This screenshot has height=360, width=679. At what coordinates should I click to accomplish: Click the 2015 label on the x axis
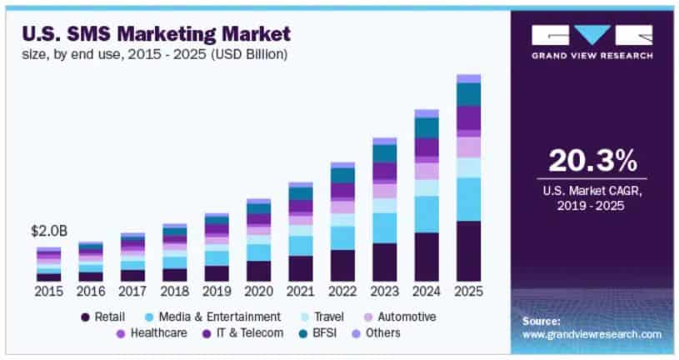(48, 292)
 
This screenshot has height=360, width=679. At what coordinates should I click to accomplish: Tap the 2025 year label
(469, 292)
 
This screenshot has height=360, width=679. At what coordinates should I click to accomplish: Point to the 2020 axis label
(258, 292)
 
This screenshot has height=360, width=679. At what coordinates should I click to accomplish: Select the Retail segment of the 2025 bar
(469, 251)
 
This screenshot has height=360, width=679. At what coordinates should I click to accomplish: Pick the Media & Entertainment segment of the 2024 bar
(427, 214)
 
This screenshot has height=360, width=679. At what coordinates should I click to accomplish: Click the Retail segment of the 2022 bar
(342, 265)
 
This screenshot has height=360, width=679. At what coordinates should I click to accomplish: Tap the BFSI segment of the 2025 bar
(469, 94)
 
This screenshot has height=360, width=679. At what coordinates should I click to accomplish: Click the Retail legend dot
(85, 317)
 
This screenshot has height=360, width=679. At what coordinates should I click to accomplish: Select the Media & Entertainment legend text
(215, 317)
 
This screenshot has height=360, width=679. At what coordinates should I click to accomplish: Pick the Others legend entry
(381, 332)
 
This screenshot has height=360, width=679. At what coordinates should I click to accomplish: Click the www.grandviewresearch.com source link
(592, 334)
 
